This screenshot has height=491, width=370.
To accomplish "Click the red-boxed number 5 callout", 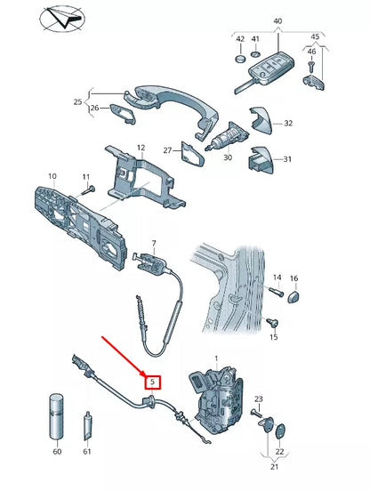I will click(x=153, y=382).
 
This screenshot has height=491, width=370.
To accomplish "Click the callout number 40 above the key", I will click(x=277, y=20).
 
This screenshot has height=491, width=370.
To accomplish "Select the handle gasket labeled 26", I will click(x=124, y=116).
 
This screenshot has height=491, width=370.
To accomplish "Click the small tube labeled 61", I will click(x=88, y=428).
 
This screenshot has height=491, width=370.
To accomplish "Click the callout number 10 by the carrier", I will click(x=52, y=176).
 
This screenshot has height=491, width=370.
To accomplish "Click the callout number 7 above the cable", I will click(x=153, y=243).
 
